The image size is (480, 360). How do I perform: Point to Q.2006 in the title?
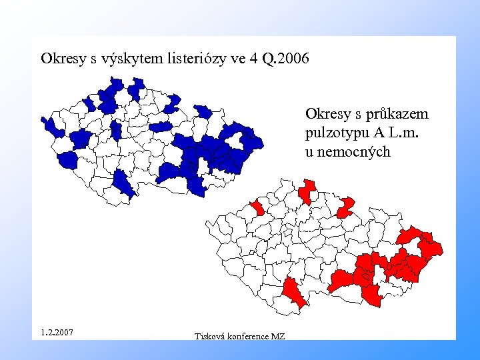click(x=286, y=59)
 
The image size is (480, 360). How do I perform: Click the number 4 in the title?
click(x=253, y=59)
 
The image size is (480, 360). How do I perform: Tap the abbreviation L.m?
click(x=403, y=133)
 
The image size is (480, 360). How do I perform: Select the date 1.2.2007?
click(x=57, y=331)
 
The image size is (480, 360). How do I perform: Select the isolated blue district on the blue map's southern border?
click(x=123, y=183)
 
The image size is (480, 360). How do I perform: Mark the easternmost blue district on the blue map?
click(x=253, y=141)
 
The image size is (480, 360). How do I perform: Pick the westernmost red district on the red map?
click(x=257, y=208)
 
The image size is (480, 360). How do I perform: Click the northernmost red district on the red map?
click(x=307, y=190)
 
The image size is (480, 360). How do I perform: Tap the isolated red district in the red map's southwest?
click(x=293, y=292)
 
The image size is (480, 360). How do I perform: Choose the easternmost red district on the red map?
click(x=432, y=247)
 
